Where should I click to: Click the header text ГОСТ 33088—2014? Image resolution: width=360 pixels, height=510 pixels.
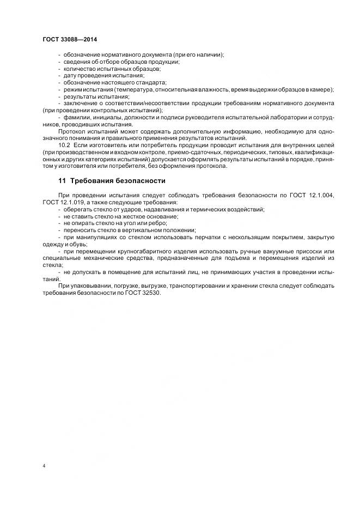click(x=69, y=39)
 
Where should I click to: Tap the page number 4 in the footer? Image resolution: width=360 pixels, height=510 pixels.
click(x=44, y=466)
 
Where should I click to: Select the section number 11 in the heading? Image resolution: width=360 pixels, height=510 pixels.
click(x=62, y=180)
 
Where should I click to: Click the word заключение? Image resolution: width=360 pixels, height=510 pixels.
click(x=80, y=103)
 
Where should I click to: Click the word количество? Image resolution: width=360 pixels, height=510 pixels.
click(x=80, y=69)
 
